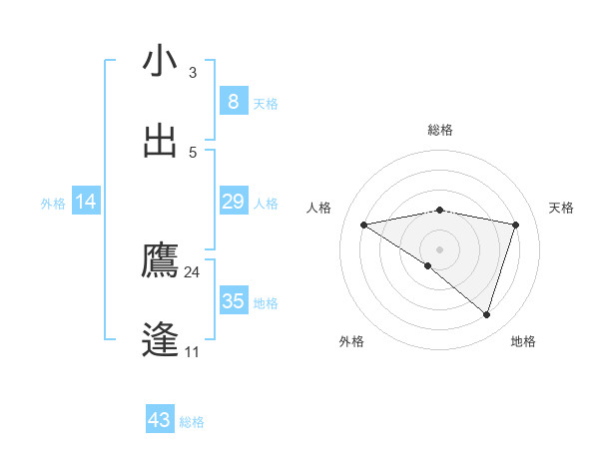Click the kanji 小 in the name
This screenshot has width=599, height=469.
coord(160,62)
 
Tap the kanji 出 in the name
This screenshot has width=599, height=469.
coord(160,141)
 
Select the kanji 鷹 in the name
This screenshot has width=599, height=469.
coord(160,260)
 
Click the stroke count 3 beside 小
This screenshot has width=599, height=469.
coord(193,73)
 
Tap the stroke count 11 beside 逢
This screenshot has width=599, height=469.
coord(193,352)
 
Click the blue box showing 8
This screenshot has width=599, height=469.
coord(233,102)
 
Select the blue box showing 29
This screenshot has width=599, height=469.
coord(233,202)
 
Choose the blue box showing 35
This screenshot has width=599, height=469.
coord(233,301)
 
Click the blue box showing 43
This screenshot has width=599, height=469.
coord(160,420)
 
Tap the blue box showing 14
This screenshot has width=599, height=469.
coord(86,202)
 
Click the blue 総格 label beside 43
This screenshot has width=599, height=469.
coord(192,422)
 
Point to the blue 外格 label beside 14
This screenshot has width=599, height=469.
coord(53,203)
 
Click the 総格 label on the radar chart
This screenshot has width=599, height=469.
coord(440,129)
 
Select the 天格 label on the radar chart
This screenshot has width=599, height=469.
coord(562,208)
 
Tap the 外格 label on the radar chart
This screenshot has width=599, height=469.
coord(351,341)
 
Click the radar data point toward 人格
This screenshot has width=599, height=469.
coord(364,225)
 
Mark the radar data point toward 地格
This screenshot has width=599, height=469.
coord(486,314)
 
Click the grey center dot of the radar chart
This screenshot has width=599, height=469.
coord(439,248)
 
